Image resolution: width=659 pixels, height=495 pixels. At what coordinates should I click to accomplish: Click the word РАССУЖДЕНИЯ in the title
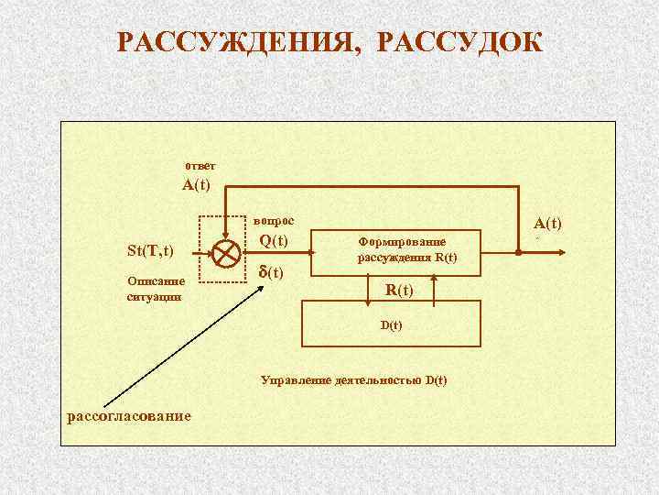click(235, 43)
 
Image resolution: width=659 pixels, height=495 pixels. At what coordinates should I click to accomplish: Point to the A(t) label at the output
click(548, 223)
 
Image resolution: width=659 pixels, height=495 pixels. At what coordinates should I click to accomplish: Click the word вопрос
click(274, 221)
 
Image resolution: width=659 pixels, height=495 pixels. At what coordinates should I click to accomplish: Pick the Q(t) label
click(274, 241)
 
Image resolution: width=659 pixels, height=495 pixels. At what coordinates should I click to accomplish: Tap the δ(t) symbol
click(271, 273)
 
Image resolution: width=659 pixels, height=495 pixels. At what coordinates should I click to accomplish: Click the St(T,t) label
click(150, 250)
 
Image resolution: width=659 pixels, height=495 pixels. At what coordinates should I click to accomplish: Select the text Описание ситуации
click(156, 289)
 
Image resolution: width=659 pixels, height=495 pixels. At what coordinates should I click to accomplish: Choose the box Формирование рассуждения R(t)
click(407, 248)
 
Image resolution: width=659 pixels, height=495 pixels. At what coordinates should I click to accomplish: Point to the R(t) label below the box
click(398, 291)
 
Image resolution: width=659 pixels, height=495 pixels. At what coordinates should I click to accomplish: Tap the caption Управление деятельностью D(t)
click(354, 379)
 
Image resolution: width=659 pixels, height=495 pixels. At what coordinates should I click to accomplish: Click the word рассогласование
click(130, 415)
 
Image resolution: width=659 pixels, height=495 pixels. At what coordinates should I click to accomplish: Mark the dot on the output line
click(518, 248)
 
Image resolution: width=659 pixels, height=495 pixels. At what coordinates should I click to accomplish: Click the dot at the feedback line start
click(227, 189)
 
